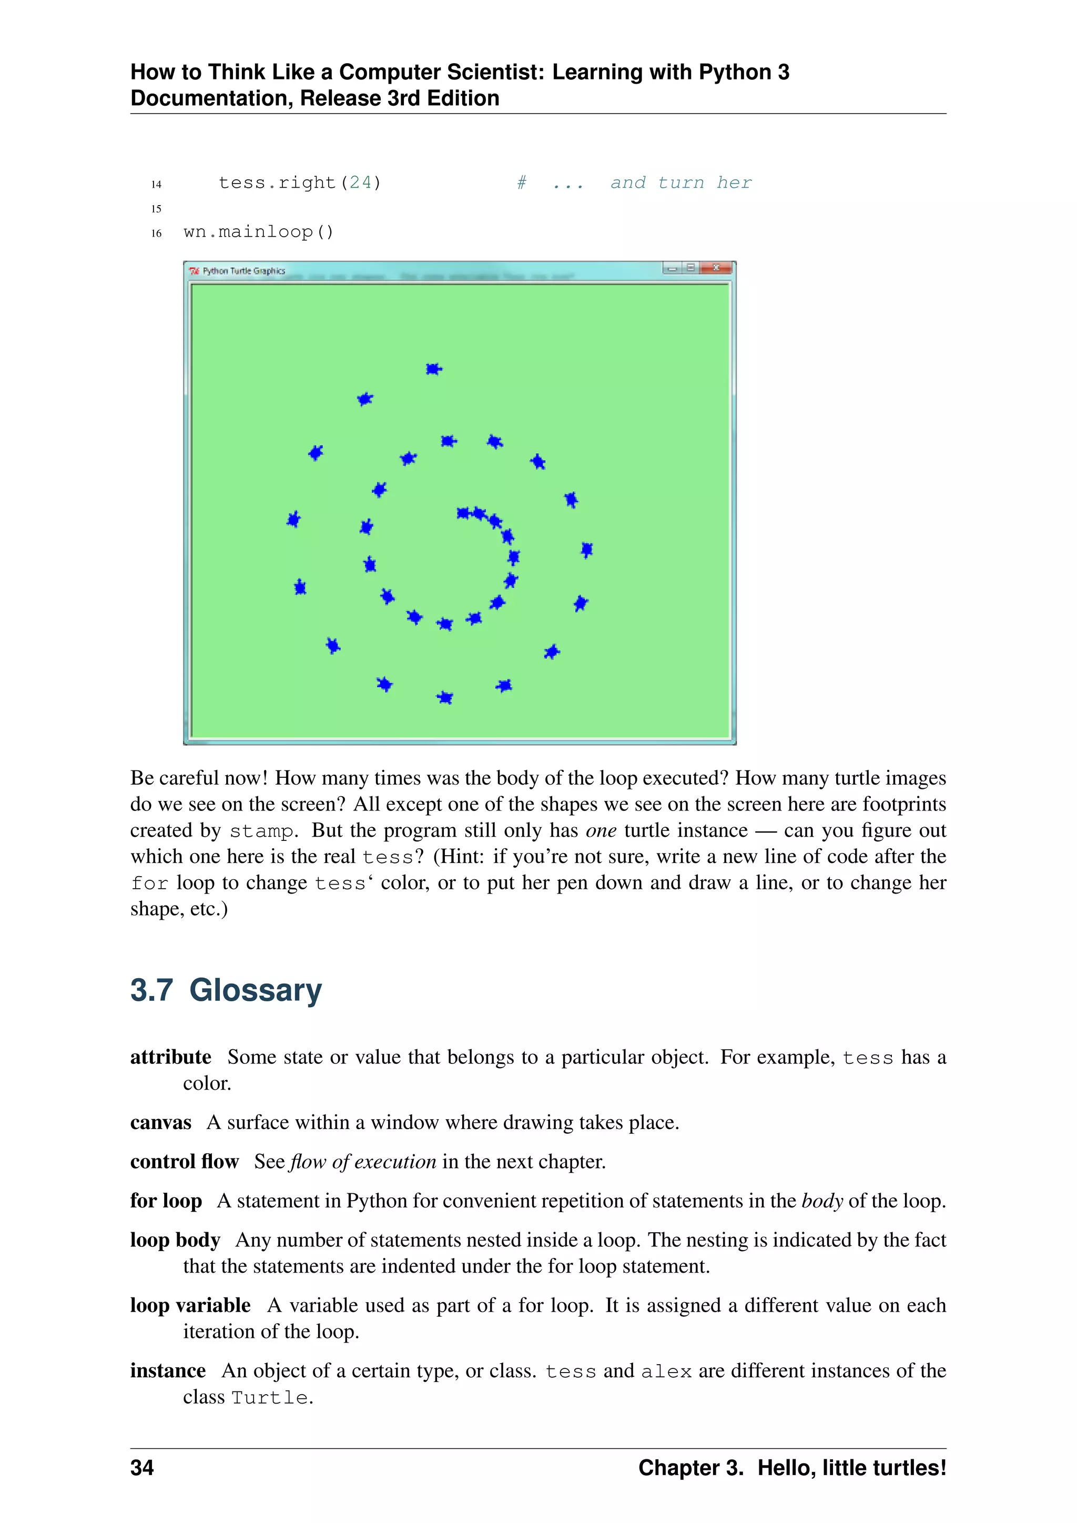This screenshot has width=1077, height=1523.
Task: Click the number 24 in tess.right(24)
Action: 361,182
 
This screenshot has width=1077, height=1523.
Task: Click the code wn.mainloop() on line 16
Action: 259,231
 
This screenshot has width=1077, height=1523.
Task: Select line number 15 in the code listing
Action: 157,208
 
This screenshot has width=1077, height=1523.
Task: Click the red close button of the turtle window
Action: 716,268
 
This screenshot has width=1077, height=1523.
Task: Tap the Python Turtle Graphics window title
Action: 243,271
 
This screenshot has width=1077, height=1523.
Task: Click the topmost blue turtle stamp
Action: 434,369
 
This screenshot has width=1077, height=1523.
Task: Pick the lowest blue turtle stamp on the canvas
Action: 445,697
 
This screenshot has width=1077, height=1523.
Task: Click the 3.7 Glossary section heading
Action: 226,990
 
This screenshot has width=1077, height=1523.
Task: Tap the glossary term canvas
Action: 160,1122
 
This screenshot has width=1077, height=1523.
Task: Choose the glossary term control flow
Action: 185,1162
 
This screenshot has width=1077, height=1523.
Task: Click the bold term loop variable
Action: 190,1305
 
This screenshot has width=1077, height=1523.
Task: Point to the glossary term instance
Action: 168,1370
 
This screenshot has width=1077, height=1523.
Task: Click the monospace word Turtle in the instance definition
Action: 269,1398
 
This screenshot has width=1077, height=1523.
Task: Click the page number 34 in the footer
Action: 142,1467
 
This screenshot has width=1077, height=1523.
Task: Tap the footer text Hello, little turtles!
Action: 851,1467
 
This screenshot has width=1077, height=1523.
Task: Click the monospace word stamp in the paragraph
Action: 261,831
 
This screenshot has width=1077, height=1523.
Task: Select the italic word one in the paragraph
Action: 601,830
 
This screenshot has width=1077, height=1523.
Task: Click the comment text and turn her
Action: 681,182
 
